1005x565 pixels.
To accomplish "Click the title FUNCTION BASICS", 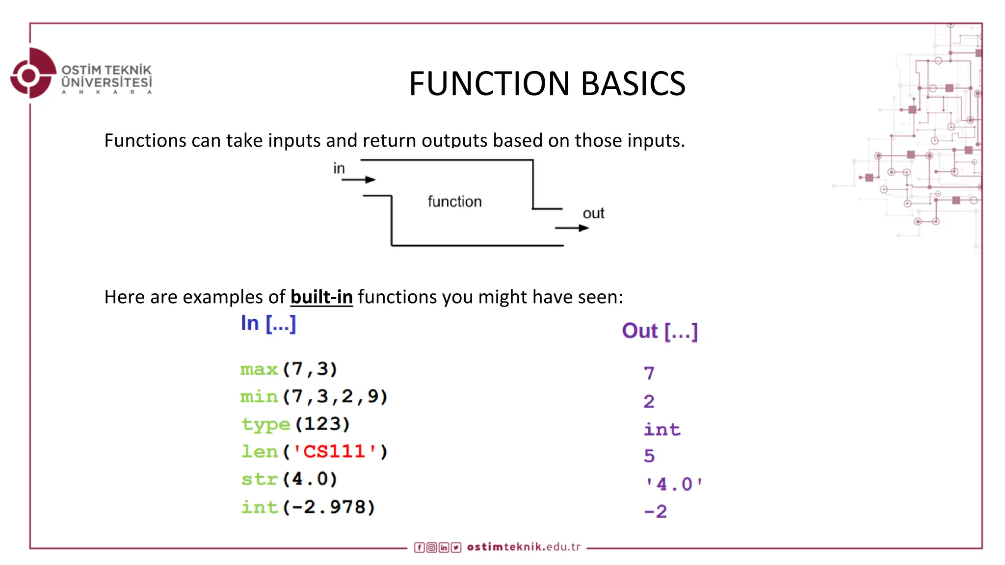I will [x=547, y=83].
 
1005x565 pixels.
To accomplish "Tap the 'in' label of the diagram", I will [x=339, y=168].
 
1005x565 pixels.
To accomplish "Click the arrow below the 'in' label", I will [x=358, y=180].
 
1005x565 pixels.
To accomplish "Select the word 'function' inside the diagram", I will [x=454, y=202].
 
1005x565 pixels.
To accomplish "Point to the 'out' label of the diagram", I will [x=593, y=213].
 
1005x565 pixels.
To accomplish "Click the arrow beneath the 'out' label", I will [x=572, y=228].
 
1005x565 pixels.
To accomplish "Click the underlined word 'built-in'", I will [x=321, y=297].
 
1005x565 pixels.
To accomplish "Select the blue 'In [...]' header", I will [x=268, y=324].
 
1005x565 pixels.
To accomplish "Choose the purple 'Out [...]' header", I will [x=660, y=331].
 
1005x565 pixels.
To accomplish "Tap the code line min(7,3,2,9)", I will [x=314, y=396].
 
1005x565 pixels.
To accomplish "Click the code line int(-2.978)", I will [x=308, y=507].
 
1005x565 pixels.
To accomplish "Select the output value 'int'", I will [x=662, y=430].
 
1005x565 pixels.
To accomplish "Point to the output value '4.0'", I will [x=674, y=485].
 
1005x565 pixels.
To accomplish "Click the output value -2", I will [x=656, y=512].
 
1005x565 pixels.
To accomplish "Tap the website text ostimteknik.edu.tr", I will [x=524, y=547].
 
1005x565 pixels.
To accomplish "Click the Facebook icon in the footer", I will [x=419, y=547].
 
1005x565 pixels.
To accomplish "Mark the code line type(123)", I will [x=296, y=424].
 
